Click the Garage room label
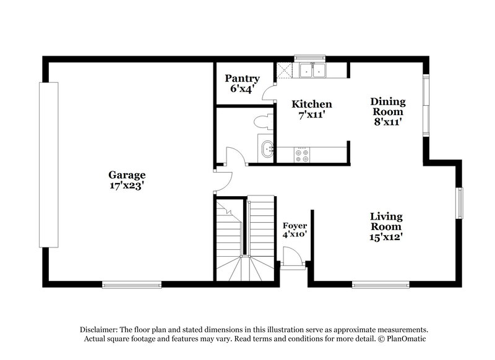click(127, 174)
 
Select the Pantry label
click(242, 79)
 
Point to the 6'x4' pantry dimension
click(242, 88)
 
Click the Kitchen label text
click(312, 104)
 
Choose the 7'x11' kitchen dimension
click(312, 114)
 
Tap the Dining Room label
click(388, 106)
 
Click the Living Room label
click(386, 221)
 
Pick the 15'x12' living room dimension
click(386, 236)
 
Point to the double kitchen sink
click(313, 71)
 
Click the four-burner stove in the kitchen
click(303, 155)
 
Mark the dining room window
click(426, 105)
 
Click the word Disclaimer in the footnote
click(98, 330)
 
